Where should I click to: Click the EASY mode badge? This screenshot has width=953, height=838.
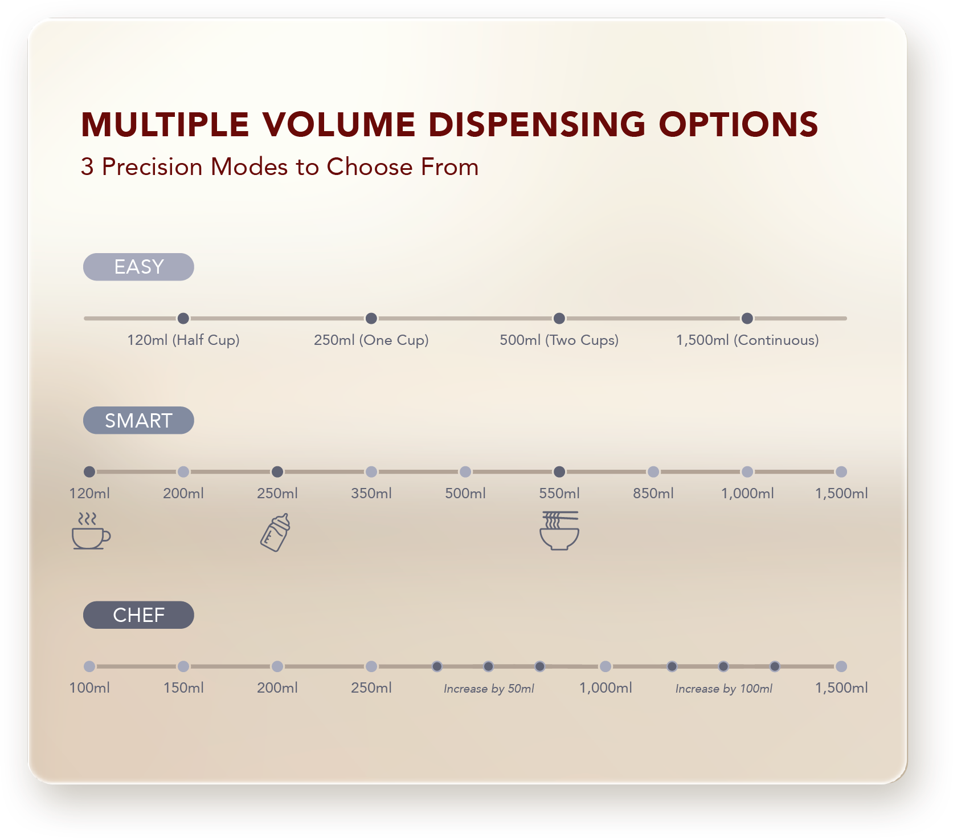click(138, 267)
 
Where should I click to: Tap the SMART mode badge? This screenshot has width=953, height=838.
click(138, 420)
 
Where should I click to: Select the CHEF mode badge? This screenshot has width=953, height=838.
click(138, 615)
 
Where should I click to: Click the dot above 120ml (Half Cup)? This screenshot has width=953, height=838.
click(183, 318)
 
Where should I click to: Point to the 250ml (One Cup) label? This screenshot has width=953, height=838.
click(371, 340)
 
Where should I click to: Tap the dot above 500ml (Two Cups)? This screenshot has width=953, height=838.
click(559, 318)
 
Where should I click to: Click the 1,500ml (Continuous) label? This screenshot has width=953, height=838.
click(747, 340)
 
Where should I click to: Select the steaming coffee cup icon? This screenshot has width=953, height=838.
click(91, 531)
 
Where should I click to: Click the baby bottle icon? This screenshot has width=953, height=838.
click(276, 532)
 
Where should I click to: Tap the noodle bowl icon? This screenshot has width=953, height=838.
click(559, 531)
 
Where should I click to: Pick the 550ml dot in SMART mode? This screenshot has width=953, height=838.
click(559, 471)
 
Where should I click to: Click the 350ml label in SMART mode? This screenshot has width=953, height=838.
click(371, 493)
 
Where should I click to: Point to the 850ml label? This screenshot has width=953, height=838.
click(653, 493)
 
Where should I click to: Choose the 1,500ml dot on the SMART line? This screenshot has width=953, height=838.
click(841, 471)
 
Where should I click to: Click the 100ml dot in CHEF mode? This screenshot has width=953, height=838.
click(89, 666)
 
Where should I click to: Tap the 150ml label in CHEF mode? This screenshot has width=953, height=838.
click(183, 688)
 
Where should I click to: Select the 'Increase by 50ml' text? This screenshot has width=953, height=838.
click(489, 689)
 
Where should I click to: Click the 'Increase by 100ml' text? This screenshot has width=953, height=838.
click(724, 689)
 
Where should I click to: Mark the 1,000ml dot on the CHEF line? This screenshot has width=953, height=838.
click(606, 666)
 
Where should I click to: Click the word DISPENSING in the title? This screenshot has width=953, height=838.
click(537, 124)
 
